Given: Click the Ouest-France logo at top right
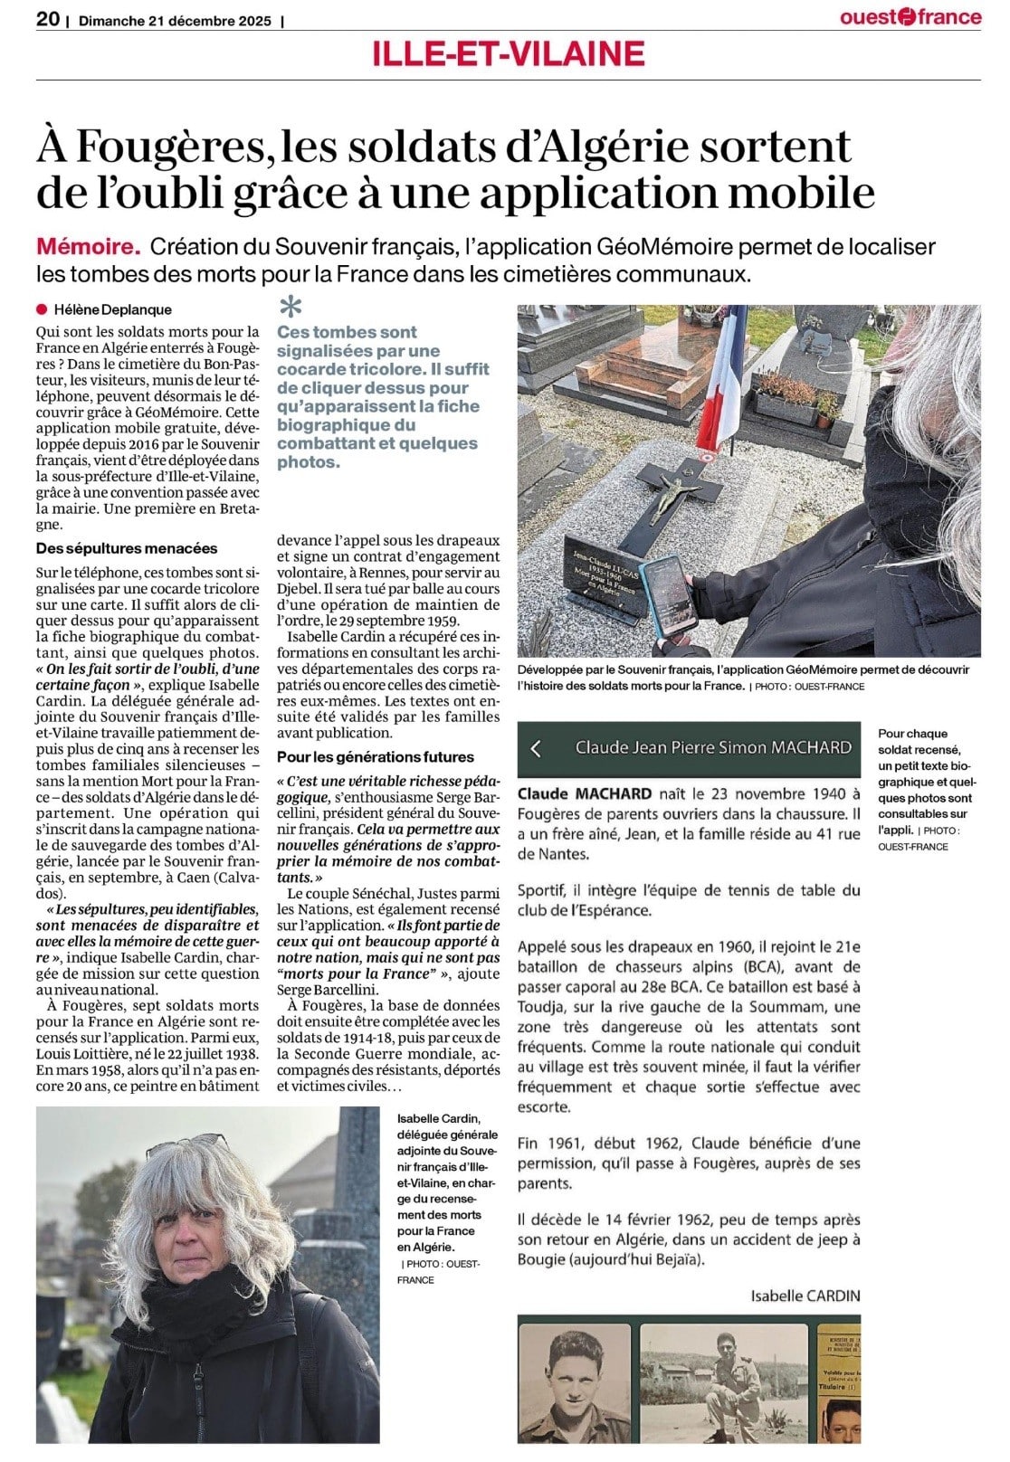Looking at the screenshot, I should coord(910,16).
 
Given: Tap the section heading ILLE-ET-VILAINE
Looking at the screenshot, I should coord(508,54).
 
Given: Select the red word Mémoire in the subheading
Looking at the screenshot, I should coord(88,246).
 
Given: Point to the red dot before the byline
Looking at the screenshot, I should coord(42,309).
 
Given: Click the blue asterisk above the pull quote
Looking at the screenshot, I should coord(290,307).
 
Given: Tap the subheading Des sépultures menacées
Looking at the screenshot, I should coord(127,548).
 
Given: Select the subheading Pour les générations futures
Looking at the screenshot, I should coord(375,756).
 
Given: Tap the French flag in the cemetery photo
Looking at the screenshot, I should coord(724,380).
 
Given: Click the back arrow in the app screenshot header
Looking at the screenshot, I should coord(536,748).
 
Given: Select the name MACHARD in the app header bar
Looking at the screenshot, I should coord(811,747).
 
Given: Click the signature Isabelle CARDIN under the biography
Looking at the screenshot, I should coord(805,1296).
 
